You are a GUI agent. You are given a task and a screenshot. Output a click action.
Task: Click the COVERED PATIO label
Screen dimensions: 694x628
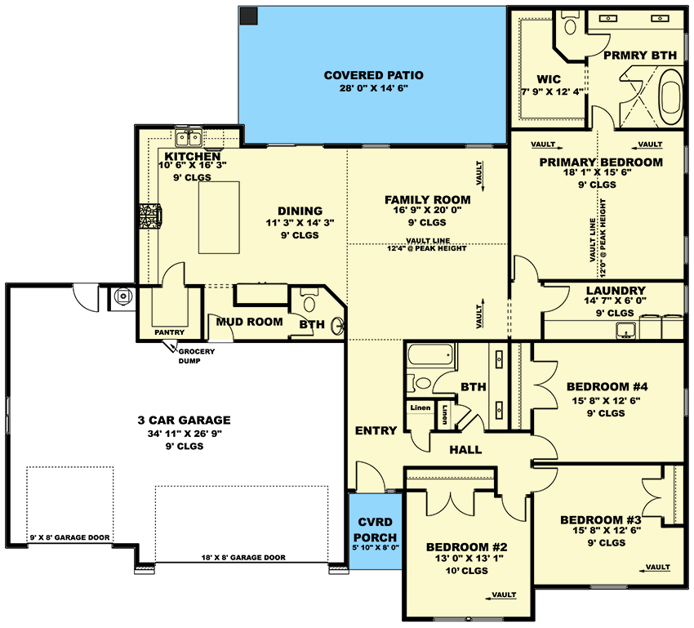point(374,75)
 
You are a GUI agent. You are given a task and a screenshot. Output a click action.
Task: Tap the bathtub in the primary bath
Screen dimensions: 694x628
point(671,97)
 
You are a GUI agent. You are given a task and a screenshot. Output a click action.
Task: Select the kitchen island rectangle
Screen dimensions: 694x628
point(219,217)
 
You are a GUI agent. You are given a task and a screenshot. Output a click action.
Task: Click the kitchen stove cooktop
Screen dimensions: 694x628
point(150,216)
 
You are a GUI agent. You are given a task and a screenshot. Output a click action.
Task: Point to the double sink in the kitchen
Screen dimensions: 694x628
point(189,138)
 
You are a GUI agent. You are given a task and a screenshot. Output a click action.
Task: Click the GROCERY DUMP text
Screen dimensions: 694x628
point(196,356)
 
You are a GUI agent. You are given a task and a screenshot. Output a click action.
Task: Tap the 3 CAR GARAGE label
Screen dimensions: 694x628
point(185,420)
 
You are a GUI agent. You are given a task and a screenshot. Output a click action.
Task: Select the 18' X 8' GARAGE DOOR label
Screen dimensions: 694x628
point(243,558)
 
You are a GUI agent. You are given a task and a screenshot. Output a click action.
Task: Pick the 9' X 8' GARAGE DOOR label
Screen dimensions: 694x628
point(70,537)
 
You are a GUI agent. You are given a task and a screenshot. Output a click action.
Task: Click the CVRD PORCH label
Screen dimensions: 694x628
point(376,530)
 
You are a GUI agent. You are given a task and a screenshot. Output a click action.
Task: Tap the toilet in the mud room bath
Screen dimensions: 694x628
point(309,301)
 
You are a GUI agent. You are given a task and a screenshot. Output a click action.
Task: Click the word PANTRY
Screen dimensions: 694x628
point(170,332)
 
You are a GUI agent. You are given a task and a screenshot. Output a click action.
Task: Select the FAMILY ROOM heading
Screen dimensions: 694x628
point(428,200)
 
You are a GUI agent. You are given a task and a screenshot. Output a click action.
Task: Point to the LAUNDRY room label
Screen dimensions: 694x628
point(616,291)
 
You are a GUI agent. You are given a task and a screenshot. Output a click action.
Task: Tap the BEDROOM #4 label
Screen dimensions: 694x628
point(607,387)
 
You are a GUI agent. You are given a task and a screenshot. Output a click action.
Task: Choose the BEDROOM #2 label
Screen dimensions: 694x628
point(467,547)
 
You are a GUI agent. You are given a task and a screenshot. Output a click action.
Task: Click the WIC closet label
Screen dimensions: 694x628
point(549,80)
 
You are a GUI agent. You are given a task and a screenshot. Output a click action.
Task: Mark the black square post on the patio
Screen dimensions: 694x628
point(249,16)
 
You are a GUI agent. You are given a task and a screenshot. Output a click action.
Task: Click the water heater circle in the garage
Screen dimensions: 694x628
point(122,296)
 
